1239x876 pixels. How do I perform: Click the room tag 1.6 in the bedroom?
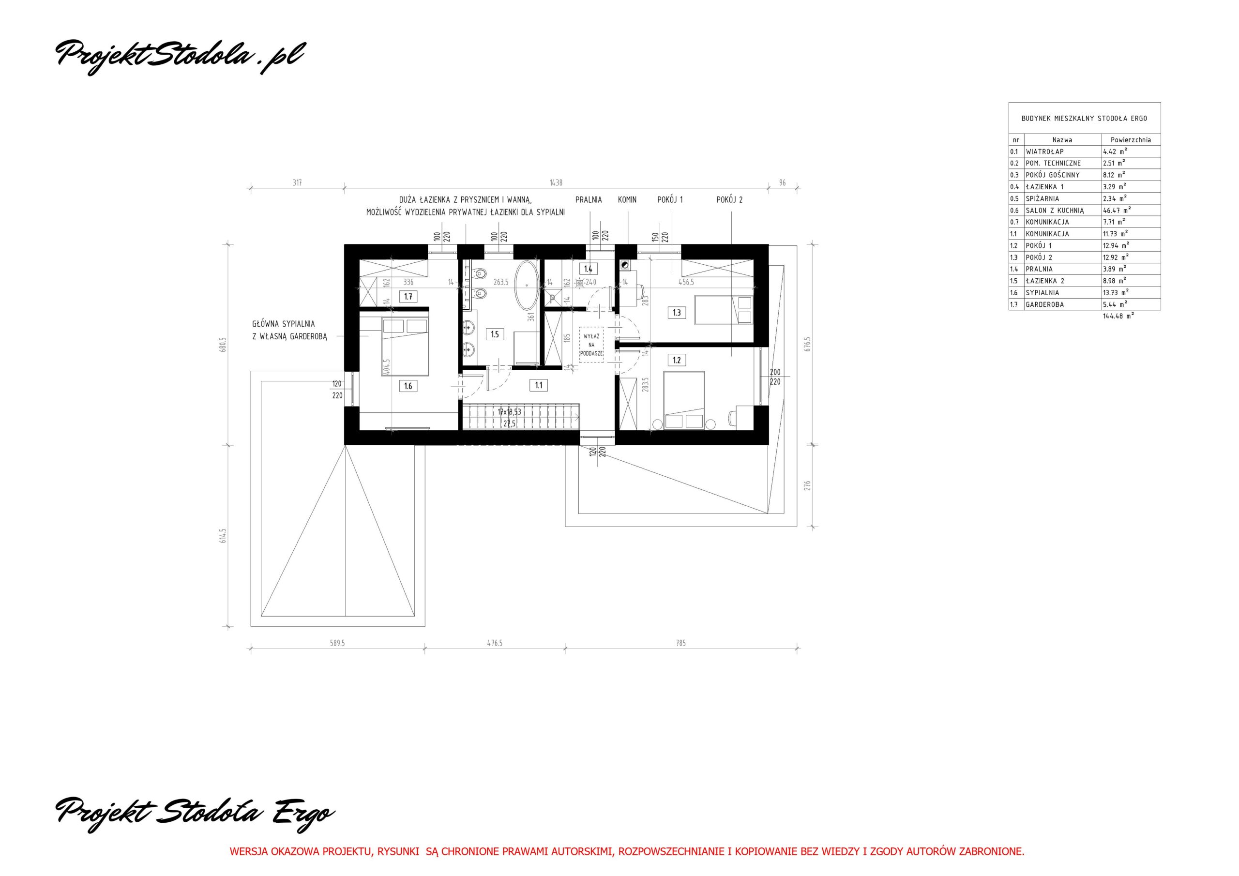point(408,386)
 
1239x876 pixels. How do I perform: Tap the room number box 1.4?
point(588,268)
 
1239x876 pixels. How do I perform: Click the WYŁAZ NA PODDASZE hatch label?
point(591,345)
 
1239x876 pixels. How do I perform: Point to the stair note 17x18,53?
point(510,412)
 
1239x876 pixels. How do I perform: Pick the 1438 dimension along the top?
point(556,183)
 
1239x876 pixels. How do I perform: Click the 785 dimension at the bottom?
point(680,643)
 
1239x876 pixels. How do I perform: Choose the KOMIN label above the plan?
point(627,200)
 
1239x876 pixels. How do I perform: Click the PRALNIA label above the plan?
point(588,200)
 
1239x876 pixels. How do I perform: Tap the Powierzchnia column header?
point(1131,140)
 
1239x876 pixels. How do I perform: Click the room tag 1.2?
point(677,360)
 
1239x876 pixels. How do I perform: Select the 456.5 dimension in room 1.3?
point(686,282)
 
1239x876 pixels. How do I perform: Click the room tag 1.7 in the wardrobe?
point(408,296)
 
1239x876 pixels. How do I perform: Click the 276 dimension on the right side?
point(807,485)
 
